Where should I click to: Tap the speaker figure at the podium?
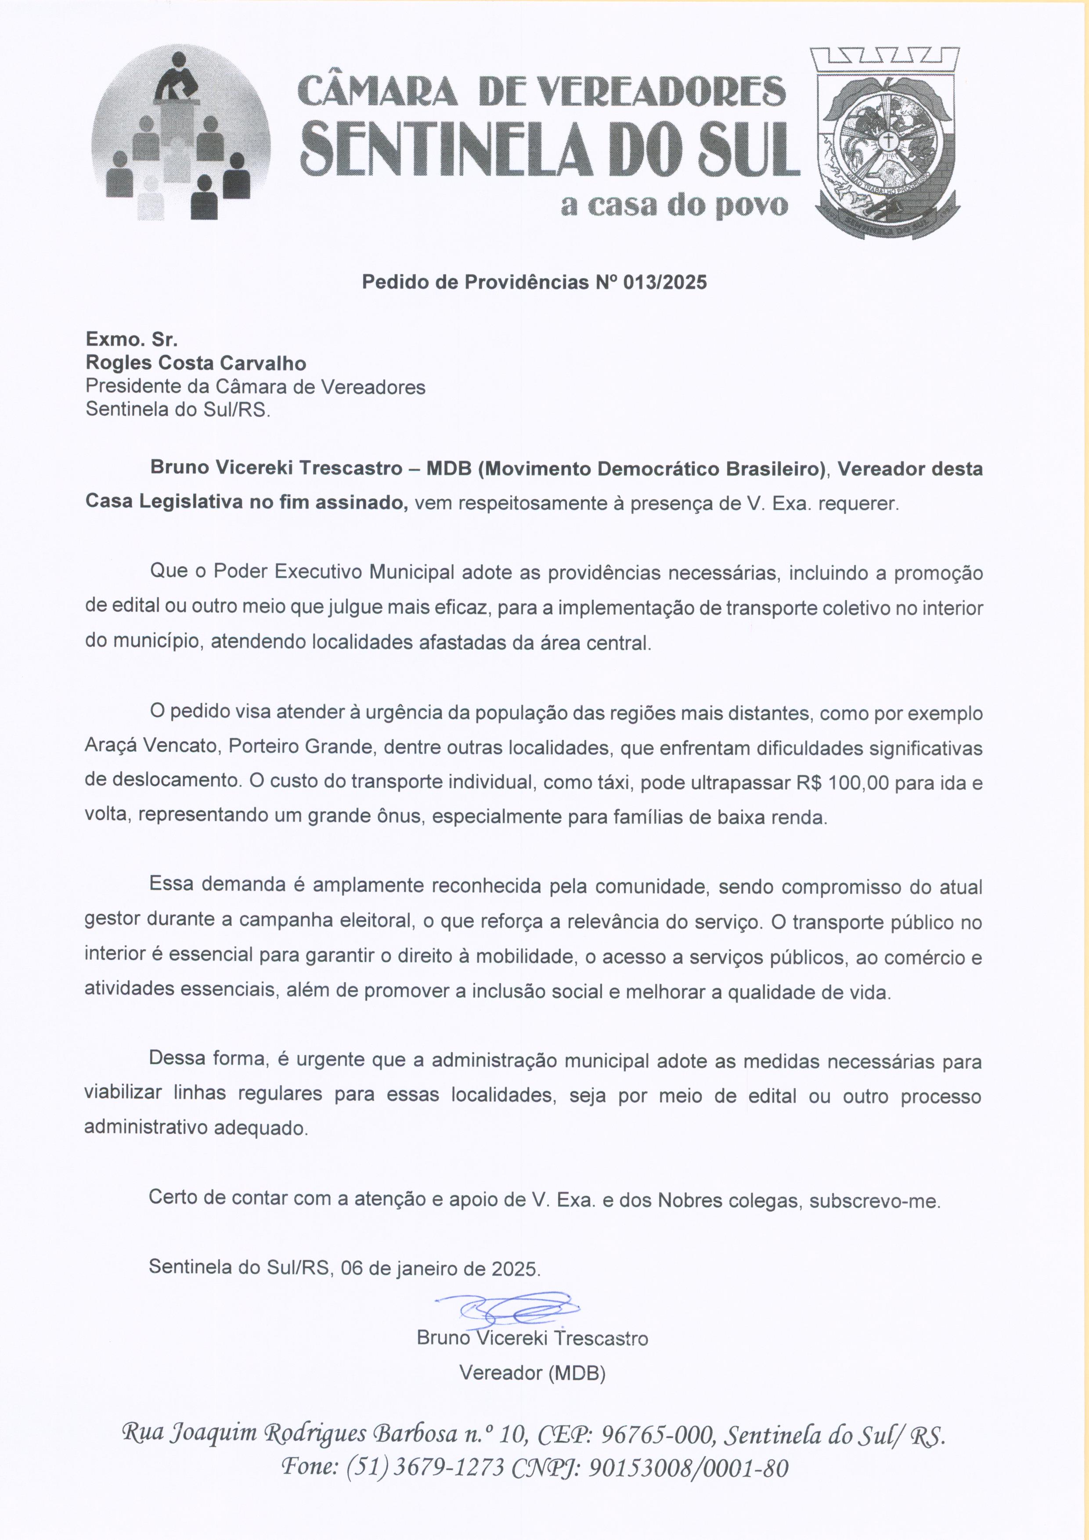[x=177, y=79]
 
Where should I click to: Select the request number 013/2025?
[x=664, y=282]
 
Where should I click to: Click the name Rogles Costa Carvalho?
[x=196, y=364]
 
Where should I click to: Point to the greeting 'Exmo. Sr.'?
[x=131, y=340]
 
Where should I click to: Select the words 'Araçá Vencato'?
[x=151, y=747]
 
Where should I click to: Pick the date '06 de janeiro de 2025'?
[x=439, y=1268]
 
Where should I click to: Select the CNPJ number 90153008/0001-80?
[x=688, y=1468]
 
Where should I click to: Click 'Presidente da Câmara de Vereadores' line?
[x=256, y=387]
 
